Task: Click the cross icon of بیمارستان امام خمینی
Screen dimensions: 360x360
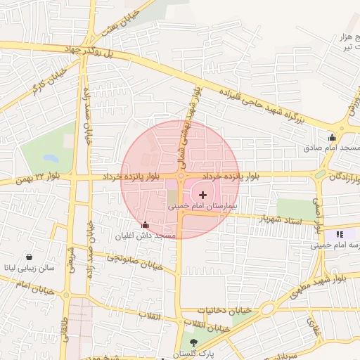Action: (203, 195)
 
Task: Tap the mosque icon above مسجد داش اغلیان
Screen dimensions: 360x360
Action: (146, 225)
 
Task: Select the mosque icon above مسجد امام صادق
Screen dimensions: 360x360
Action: (332, 137)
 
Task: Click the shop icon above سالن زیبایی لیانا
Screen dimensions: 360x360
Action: (29, 257)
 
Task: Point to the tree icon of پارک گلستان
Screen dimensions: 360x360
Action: (194, 342)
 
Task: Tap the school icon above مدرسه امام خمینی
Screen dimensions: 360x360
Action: (340, 234)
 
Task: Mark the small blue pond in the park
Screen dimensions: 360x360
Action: (49, 157)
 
